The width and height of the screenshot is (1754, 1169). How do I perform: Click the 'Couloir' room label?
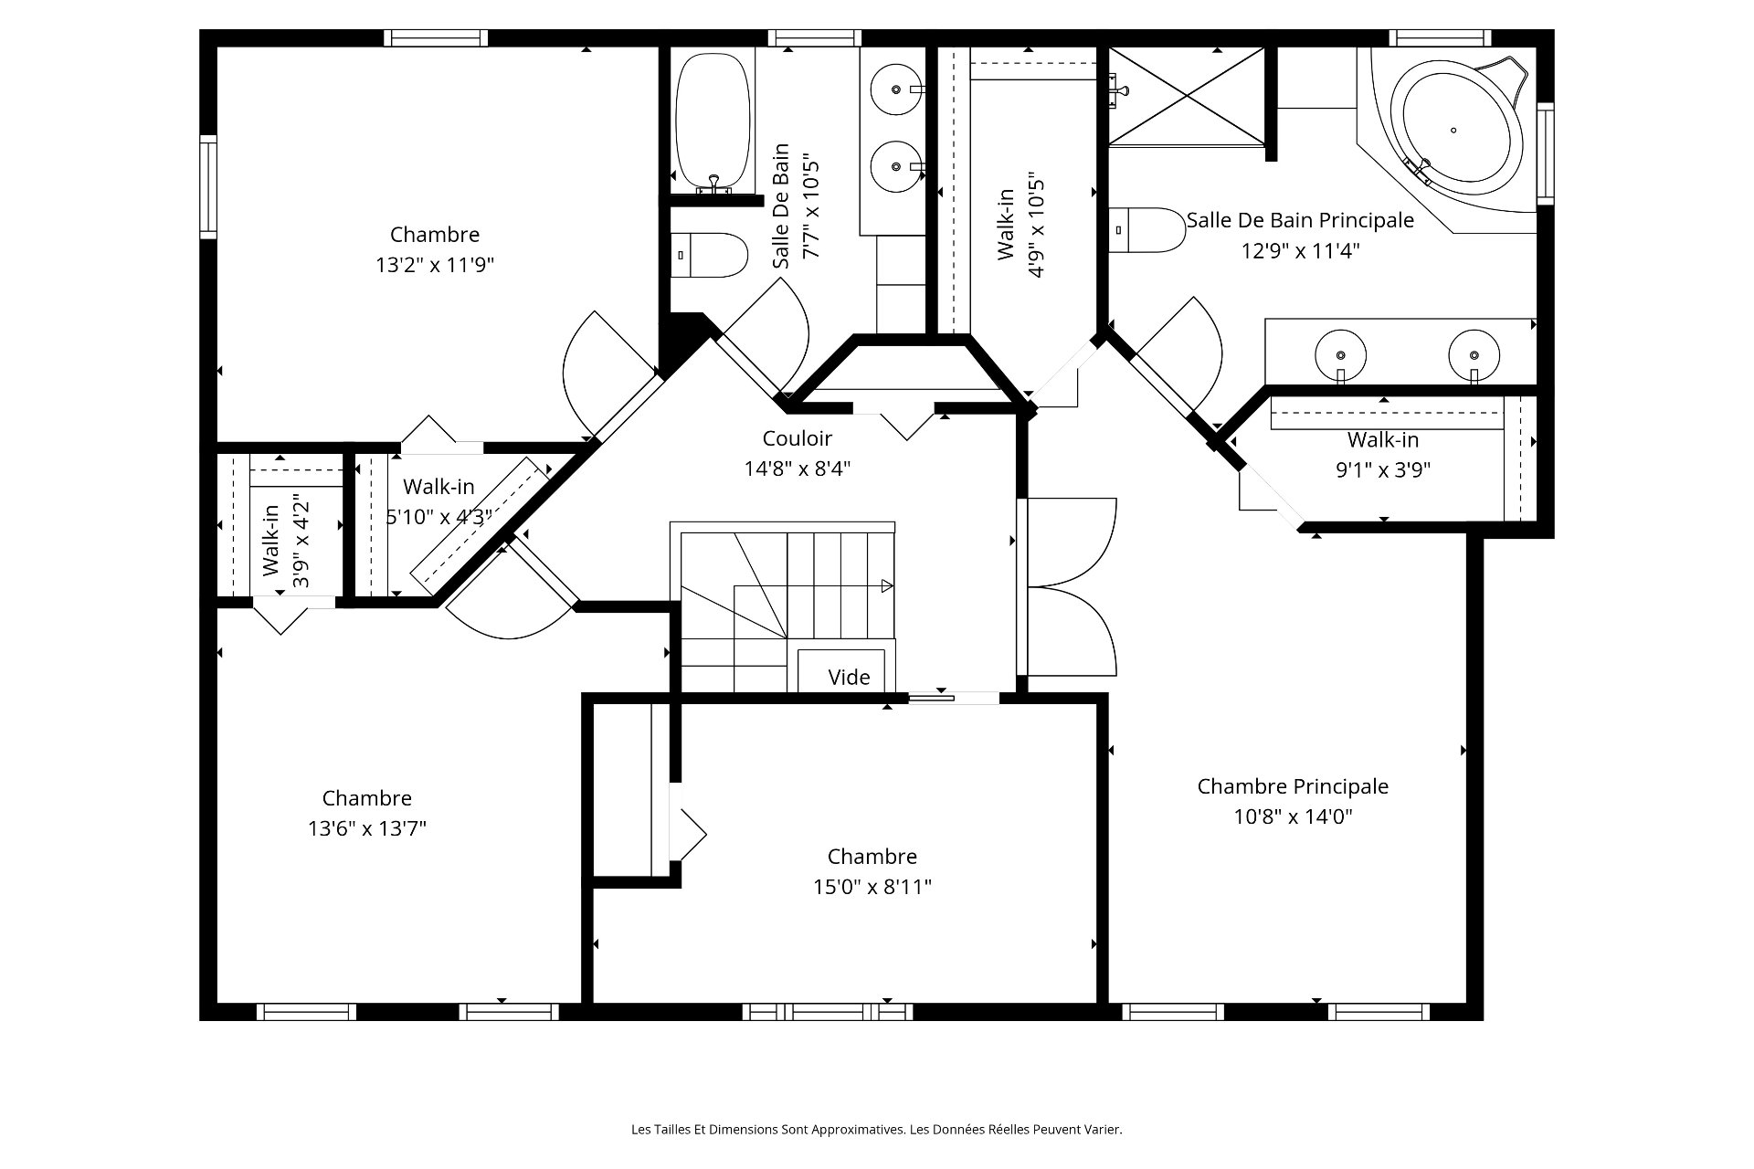797,438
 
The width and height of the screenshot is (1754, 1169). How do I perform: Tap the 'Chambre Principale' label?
1293,786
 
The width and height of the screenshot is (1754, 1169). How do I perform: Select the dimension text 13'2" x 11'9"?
435,265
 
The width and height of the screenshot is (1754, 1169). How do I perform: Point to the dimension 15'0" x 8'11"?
872,887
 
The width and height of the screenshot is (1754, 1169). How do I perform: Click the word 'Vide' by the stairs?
849,678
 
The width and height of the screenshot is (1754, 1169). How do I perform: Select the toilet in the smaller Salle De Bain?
710,255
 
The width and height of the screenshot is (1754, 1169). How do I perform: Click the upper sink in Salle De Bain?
896,90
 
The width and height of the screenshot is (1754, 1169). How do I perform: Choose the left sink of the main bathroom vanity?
1340,355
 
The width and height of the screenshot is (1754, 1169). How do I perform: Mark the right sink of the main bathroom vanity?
1474,355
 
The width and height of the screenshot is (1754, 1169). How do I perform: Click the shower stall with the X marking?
1187,96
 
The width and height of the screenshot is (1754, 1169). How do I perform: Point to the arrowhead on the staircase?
887,586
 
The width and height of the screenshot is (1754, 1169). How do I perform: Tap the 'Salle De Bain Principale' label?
1300,220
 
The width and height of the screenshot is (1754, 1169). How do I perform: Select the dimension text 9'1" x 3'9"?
1383,470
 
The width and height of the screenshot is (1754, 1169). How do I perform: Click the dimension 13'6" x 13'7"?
367,828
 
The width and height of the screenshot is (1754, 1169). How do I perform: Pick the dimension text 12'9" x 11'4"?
1300,250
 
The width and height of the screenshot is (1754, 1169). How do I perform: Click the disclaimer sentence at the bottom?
877,1130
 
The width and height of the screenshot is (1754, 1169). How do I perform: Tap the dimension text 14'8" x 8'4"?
798,469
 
